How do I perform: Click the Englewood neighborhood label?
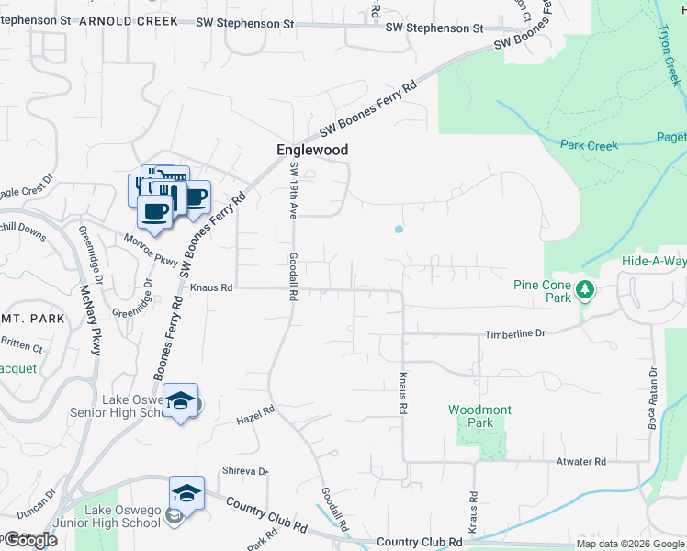click(x=313, y=149)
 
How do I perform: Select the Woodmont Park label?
click(x=479, y=416)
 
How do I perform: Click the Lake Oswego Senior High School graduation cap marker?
click(x=181, y=400)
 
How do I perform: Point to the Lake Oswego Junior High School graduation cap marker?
click(x=186, y=492)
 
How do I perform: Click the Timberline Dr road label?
click(x=515, y=335)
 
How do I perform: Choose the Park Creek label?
click(x=589, y=145)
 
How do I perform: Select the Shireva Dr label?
click(x=244, y=472)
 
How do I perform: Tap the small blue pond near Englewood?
click(x=398, y=229)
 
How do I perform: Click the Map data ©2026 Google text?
click(x=630, y=544)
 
